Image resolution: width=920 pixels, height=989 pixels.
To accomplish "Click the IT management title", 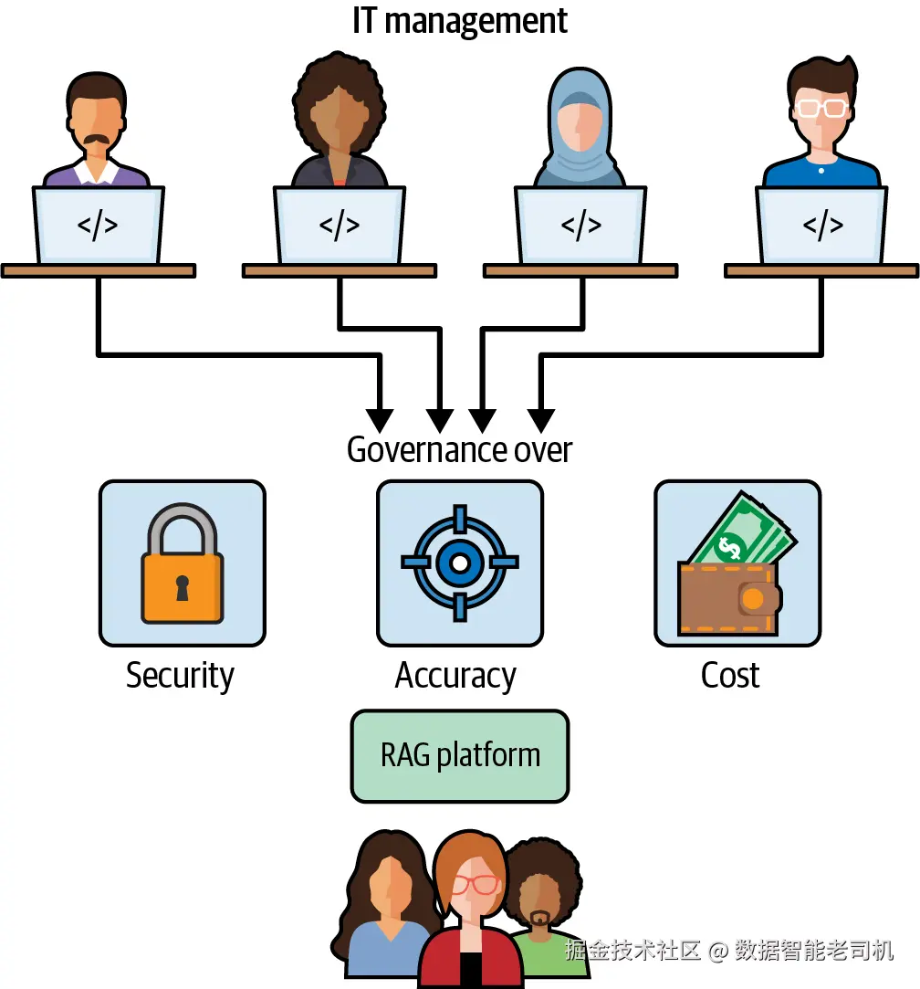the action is point(460,21).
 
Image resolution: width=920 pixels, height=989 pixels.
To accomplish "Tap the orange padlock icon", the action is point(183,563).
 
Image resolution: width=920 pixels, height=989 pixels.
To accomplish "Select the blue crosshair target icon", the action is point(460,563).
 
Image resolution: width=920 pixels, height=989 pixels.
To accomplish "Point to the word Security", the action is point(180,676).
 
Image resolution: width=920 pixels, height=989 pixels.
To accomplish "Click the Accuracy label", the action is point(455,676).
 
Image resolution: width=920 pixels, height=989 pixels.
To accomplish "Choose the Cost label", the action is point(730,676).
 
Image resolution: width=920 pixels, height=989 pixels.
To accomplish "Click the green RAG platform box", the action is point(460,755).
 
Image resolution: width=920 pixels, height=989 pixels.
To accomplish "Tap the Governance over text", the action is point(459,449).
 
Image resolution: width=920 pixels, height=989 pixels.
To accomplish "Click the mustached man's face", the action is point(96,126).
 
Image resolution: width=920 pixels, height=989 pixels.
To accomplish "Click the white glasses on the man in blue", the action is point(821,109).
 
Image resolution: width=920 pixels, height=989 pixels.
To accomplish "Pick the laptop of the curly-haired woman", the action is point(340,226).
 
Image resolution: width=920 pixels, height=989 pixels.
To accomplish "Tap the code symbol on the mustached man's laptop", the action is point(97,226).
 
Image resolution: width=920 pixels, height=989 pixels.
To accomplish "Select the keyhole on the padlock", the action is point(183,588).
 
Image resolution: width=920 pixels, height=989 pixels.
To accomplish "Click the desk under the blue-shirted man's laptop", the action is point(821,271).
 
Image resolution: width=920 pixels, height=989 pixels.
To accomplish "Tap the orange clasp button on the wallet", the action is point(753,598).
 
